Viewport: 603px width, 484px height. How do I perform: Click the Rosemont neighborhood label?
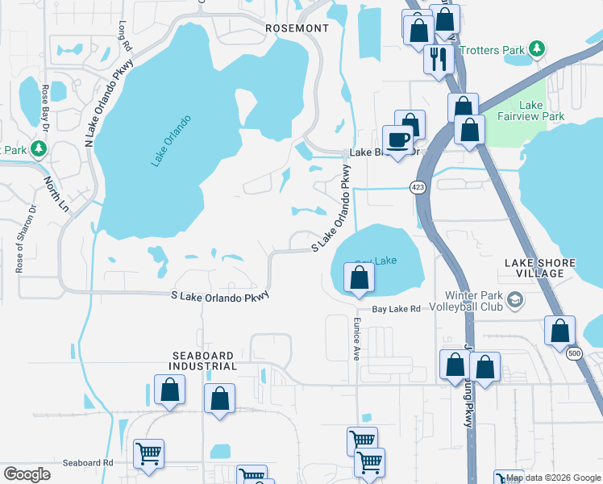coord(297,28)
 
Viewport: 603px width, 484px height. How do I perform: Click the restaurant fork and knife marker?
coord(439,58)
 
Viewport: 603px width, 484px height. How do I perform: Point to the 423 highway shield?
coord(417,187)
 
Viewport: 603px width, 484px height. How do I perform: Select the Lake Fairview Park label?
coord(542,111)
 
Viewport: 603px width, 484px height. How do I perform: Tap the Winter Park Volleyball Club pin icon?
coord(516,300)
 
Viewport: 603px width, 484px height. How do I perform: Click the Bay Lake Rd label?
coord(396,309)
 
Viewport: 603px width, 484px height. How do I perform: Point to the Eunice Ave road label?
coord(356,338)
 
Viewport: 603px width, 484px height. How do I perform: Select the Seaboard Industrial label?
coord(202,361)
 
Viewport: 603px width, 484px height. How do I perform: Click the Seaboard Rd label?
coord(88,463)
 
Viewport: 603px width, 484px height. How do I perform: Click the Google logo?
coord(27,474)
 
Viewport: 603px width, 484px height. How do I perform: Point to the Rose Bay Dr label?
coord(46,108)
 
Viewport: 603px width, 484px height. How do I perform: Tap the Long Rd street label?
coord(124,31)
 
